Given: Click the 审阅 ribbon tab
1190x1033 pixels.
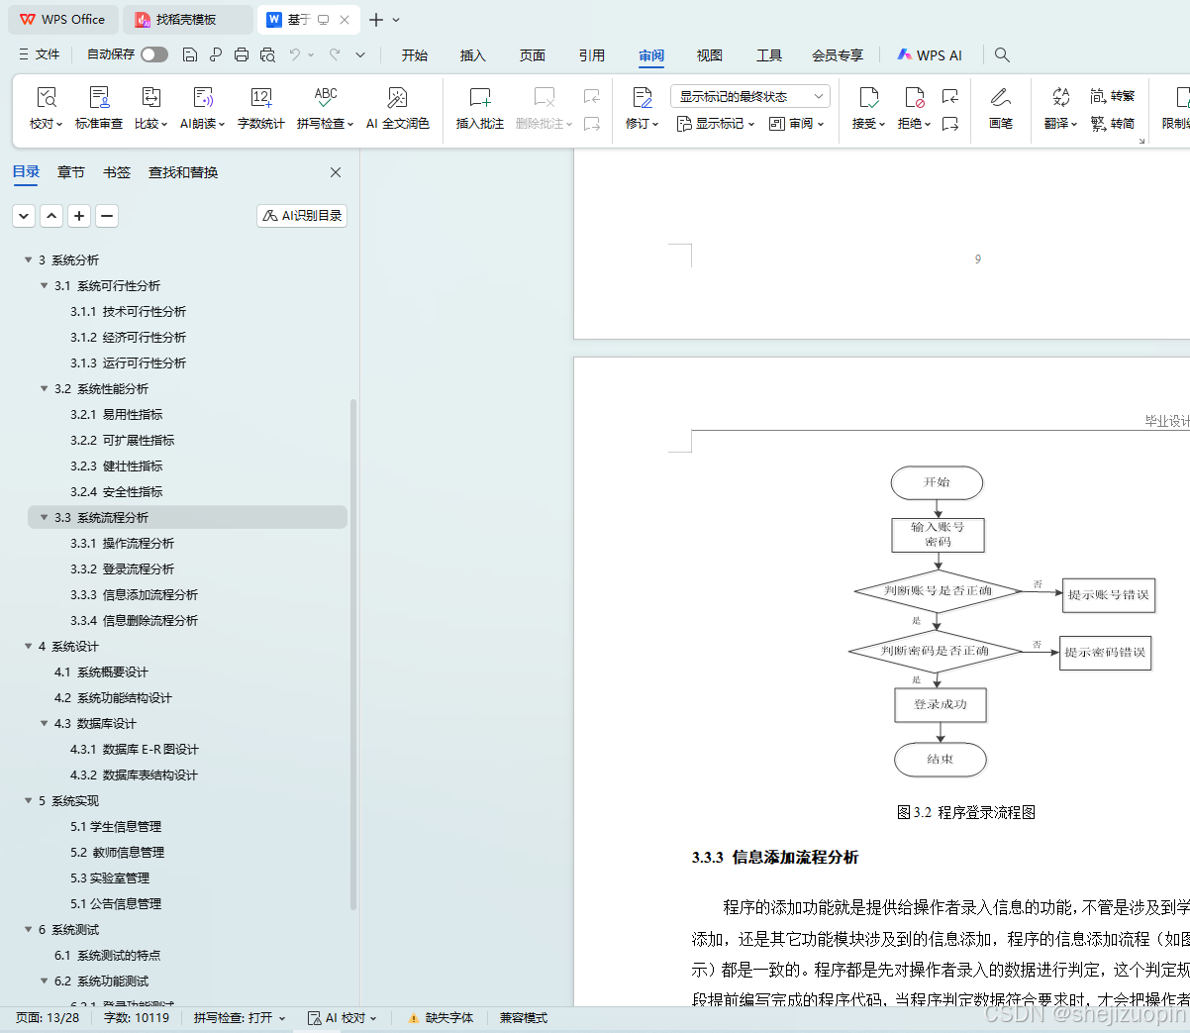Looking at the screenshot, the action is [651, 55].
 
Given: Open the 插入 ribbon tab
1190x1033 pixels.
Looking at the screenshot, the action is [473, 55].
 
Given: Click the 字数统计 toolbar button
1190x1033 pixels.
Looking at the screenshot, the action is [261, 108].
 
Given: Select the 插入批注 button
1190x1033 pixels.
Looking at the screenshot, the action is [479, 108].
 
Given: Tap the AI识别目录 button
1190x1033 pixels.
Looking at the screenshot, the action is [302, 216].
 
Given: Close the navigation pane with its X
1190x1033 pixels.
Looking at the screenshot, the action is [336, 172].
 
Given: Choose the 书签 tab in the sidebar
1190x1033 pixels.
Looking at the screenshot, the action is [117, 172].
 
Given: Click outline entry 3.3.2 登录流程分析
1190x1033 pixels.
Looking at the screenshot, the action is [137, 569].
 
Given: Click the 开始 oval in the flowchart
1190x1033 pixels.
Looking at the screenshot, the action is [937, 483].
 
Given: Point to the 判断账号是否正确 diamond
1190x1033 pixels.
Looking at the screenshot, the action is [937, 591].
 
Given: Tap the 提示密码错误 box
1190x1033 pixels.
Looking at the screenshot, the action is [1105, 653].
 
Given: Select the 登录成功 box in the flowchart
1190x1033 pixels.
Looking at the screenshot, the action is [941, 705].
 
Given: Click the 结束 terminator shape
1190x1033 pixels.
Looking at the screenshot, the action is [941, 760].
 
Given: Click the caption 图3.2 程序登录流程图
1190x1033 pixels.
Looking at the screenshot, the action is [966, 812].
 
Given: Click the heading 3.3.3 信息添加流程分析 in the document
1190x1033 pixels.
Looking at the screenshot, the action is [775, 858].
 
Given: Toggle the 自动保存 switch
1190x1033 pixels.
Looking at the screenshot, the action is [153, 54].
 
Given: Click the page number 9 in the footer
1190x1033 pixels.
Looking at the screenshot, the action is [978, 259].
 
